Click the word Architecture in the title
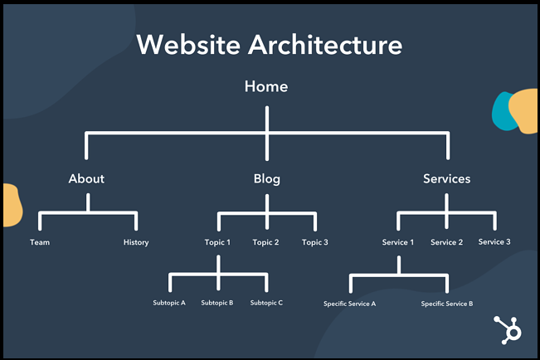(x=325, y=45)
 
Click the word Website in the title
(x=188, y=45)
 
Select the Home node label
(x=266, y=86)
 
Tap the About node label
(x=86, y=179)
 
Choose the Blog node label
(x=267, y=179)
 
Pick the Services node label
(x=446, y=179)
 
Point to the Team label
(x=40, y=242)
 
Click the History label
(x=136, y=242)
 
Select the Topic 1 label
(x=217, y=242)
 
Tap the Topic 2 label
(x=265, y=242)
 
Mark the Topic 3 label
(x=314, y=242)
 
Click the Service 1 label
(x=398, y=242)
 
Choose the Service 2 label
(x=446, y=242)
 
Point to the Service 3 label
(x=494, y=242)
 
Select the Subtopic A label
(x=169, y=303)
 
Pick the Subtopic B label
(x=217, y=303)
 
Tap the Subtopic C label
(x=266, y=303)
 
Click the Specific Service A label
(x=349, y=304)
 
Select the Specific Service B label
(x=446, y=304)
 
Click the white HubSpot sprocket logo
(x=508, y=330)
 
